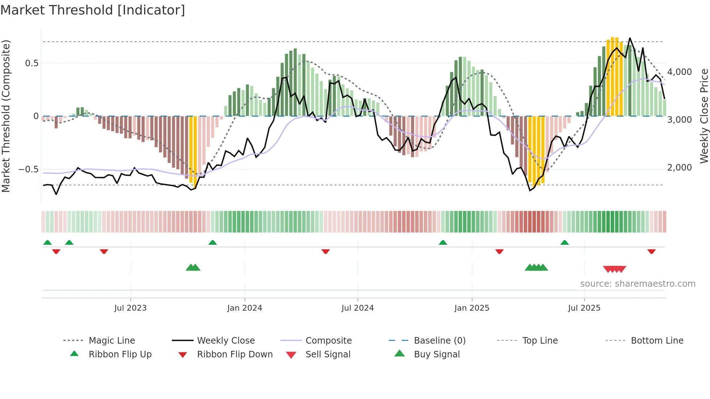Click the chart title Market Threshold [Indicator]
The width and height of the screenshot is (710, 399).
93,10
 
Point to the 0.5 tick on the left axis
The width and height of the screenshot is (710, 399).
32,63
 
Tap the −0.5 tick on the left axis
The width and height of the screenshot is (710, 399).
29,169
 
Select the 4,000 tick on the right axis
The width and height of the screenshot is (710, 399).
680,72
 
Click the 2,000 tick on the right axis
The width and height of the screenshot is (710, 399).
680,168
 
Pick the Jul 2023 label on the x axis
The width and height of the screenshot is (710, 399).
130,308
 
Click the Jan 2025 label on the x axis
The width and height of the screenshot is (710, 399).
472,308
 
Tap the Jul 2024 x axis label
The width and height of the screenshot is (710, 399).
358,308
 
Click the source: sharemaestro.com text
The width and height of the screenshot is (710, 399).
638,284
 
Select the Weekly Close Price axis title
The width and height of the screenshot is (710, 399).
704,116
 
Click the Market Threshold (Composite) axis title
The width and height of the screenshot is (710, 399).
6,116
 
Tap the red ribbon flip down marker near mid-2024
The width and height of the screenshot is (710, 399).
326,251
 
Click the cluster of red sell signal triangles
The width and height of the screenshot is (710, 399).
614,269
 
